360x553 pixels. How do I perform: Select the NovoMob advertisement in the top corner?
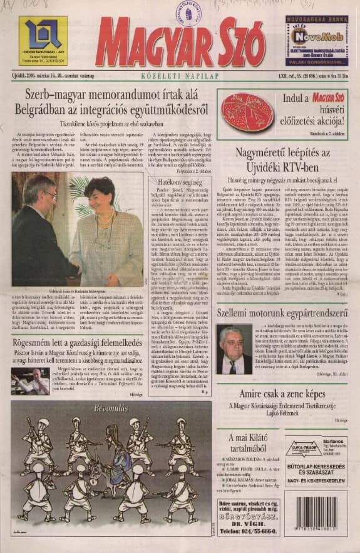pyautogui.click(x=316, y=41)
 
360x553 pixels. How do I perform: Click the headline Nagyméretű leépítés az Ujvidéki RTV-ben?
pyautogui.click(x=283, y=160)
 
